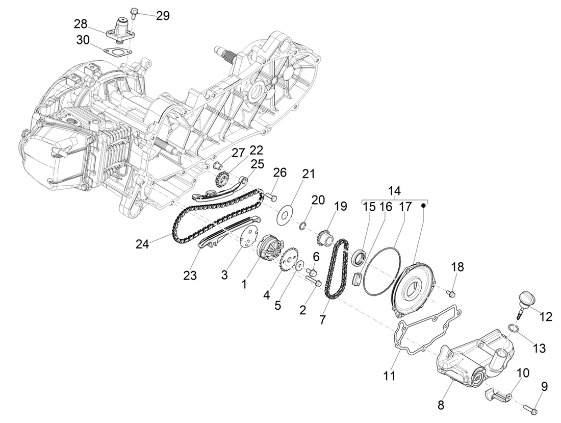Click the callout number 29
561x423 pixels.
click(163, 15)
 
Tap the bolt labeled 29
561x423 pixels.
click(134, 12)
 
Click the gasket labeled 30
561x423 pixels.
click(115, 51)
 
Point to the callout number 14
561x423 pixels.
click(394, 191)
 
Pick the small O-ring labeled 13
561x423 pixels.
click(514, 328)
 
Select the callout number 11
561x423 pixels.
click(390, 376)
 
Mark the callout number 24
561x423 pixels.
click(142, 244)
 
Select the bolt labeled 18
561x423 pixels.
click(450, 293)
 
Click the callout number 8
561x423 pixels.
click(441, 405)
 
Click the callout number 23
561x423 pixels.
click(190, 275)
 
